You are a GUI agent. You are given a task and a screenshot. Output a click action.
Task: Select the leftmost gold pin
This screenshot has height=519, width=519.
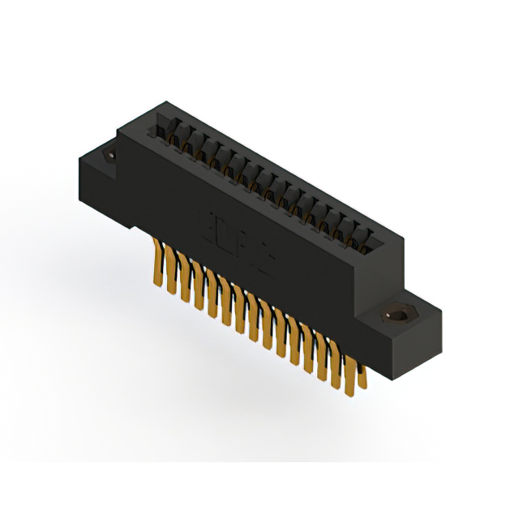[x=155, y=261]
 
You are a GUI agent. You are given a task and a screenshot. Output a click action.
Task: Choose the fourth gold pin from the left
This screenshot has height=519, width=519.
[x=199, y=290]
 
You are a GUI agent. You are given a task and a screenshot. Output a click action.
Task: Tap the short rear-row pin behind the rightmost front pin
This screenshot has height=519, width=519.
[x=362, y=375]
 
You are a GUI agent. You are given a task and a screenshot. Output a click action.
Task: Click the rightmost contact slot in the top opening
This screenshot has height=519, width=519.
[x=369, y=240]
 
